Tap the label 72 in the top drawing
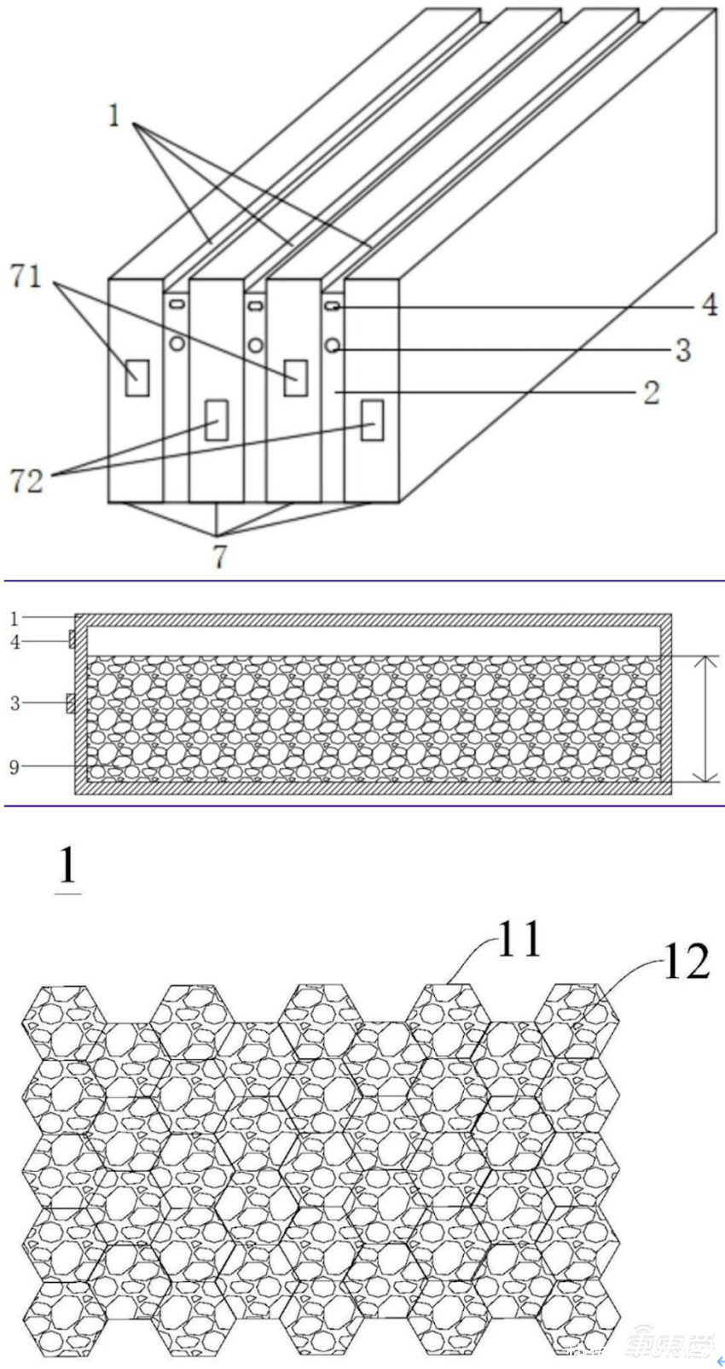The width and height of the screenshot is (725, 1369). coord(26,481)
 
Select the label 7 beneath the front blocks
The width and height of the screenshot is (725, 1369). coord(218,556)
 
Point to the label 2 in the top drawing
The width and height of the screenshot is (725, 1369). coord(651,393)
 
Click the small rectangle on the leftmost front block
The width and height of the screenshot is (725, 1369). coord(136,377)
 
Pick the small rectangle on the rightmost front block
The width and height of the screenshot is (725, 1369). coord(370,419)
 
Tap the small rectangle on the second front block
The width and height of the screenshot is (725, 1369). coord(216,420)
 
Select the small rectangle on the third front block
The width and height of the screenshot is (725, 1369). coord(295,376)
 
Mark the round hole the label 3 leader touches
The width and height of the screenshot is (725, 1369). coord(333,346)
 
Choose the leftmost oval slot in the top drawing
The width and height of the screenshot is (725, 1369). coord(176,304)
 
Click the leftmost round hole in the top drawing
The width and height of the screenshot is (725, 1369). coord(176,344)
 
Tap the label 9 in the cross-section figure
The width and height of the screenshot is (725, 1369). coord(14,766)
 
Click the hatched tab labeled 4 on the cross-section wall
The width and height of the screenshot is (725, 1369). coord(72,638)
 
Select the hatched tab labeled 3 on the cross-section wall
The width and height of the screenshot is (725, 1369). coord(71,703)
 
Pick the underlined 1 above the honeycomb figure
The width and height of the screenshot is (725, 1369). coord(67,868)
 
